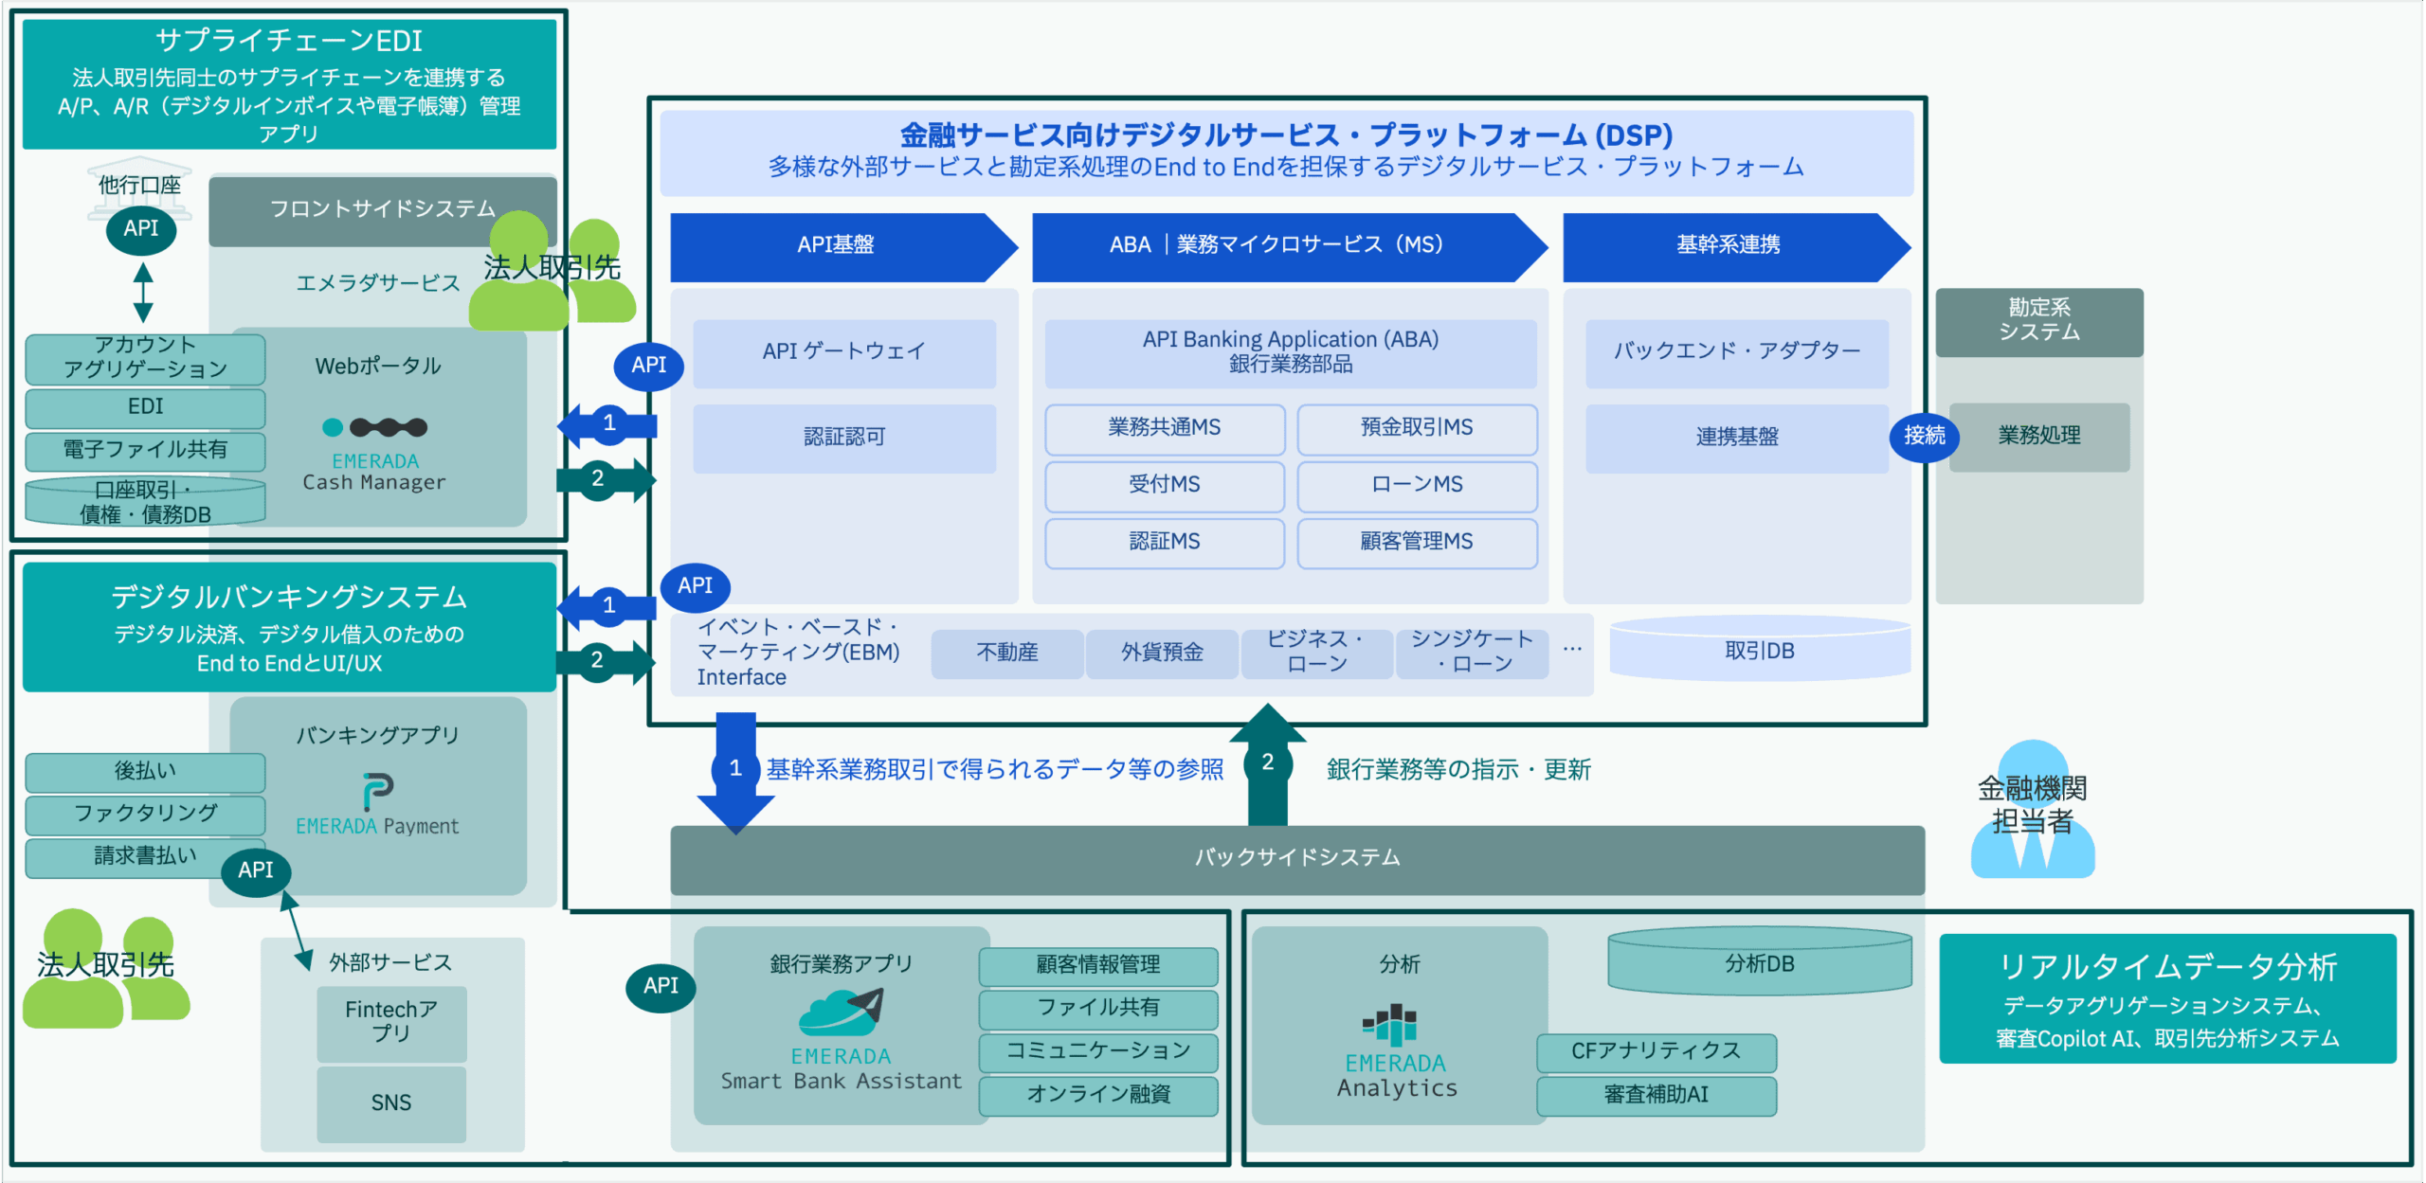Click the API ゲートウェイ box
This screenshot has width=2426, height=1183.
click(x=843, y=352)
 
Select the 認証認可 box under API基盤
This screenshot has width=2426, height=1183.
click(x=843, y=438)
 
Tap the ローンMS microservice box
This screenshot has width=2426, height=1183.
click(x=1417, y=485)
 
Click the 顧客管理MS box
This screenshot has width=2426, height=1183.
click(x=1417, y=542)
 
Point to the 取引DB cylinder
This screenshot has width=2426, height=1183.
click(x=1760, y=651)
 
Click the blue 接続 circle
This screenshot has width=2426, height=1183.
click(x=1924, y=436)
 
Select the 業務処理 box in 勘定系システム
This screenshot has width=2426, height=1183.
click(x=2039, y=437)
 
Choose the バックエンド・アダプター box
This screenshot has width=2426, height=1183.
click(x=1736, y=352)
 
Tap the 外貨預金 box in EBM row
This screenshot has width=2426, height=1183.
click(x=1162, y=653)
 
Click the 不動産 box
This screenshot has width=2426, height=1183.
click(x=1006, y=653)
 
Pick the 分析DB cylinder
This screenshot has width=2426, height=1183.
click(x=1760, y=963)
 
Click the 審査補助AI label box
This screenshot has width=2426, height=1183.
click(x=1656, y=1095)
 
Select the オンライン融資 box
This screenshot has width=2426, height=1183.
click(x=1098, y=1095)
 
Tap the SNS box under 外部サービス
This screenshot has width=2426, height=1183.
click(x=390, y=1103)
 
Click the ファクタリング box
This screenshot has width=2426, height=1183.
click(x=145, y=814)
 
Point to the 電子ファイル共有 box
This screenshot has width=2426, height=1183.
click(x=145, y=450)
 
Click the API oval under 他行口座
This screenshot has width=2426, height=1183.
click(x=140, y=229)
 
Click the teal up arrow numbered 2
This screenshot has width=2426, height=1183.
click(x=1267, y=763)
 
